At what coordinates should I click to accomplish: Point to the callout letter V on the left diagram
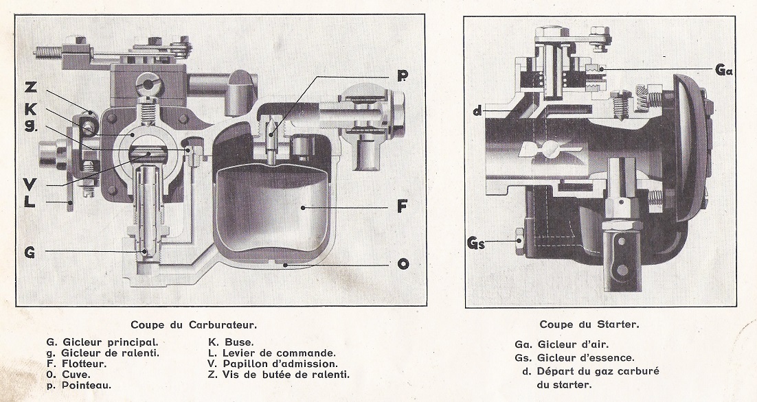tap(30, 183)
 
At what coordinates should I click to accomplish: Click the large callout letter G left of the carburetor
tap(30, 252)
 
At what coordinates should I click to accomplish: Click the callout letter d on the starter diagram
tap(477, 110)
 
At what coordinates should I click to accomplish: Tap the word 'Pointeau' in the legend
tap(87, 386)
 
